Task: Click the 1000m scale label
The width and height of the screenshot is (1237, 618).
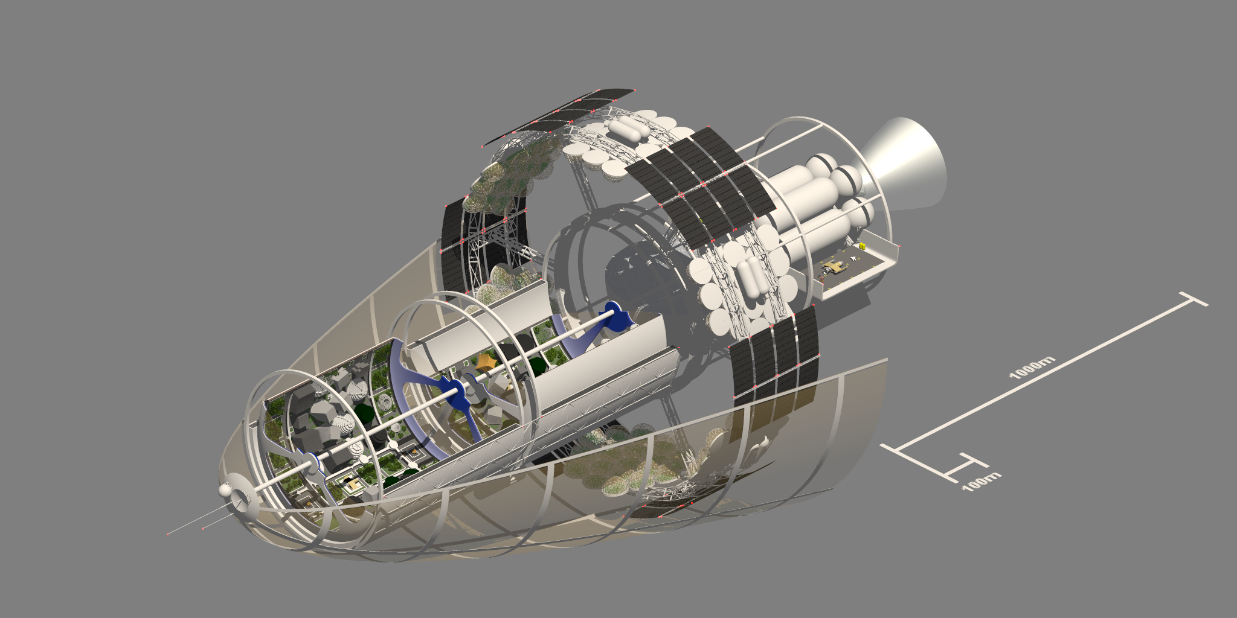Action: (x=1032, y=368)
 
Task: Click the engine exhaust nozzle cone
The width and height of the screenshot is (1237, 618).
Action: (x=903, y=163)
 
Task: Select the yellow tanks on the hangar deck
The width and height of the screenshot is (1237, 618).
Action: (x=863, y=246)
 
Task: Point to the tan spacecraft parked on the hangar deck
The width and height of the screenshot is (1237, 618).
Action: (x=834, y=267)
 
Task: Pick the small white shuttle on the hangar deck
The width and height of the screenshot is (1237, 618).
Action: (x=853, y=259)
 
